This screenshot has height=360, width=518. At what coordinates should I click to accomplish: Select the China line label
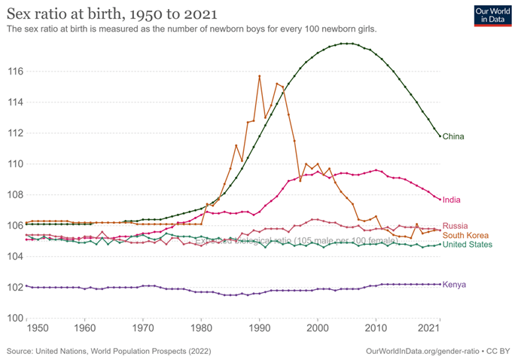[453, 136]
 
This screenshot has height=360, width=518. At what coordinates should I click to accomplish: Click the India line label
[452, 200]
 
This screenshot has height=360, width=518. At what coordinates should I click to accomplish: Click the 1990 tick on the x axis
[260, 329]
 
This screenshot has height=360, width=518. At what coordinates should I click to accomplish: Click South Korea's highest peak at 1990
[260, 76]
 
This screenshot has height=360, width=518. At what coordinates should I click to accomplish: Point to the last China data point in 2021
[440, 136]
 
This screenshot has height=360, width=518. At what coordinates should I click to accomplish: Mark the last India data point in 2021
[440, 199]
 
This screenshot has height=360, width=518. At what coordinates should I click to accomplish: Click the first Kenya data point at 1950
[26, 285]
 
